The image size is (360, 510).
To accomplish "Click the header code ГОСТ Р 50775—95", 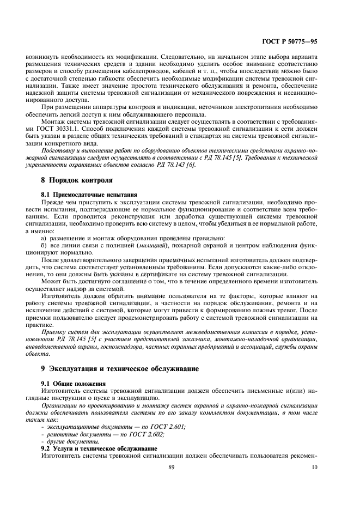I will pyautogui.click(x=289, y=40).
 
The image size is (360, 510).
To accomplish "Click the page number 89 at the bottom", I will pyautogui.click(x=180, y=467).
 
